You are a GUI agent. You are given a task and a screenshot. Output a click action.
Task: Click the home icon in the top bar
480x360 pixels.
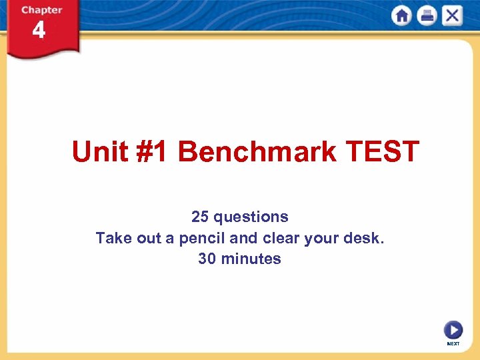pyautogui.click(x=402, y=15)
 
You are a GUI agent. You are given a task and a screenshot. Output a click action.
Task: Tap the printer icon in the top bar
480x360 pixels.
pyautogui.click(x=427, y=15)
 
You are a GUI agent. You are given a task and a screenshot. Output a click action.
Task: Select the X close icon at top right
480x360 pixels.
pyautogui.click(x=451, y=15)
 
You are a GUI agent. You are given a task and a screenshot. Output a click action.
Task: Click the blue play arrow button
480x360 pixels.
pyautogui.click(x=453, y=330)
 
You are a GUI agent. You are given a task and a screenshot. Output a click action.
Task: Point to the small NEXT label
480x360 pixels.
pyautogui.click(x=453, y=344)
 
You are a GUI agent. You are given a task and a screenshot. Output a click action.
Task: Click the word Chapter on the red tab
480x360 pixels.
pyautogui.click(x=41, y=10)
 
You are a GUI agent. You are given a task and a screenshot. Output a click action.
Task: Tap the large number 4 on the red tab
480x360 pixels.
pyautogui.click(x=39, y=31)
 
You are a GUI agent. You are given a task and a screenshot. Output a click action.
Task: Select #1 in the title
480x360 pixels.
pyautogui.click(x=155, y=152)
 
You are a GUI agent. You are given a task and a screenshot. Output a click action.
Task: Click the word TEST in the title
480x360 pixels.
pyautogui.click(x=382, y=152)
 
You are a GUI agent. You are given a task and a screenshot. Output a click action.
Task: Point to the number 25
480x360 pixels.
pyautogui.click(x=200, y=217)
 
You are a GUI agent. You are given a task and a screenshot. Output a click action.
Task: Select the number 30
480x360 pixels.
pyautogui.click(x=207, y=259)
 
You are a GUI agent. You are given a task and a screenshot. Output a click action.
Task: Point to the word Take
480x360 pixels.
pyautogui.click(x=111, y=238)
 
